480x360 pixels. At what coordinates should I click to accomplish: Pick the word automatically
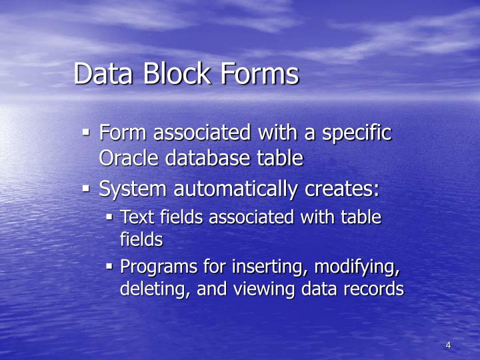tap(238, 189)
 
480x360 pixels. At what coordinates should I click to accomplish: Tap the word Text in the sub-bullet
tap(135, 217)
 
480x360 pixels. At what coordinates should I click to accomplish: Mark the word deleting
tap(147, 289)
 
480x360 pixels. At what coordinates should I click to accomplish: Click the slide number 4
tap(448, 345)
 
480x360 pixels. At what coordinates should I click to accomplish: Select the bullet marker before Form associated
tap(86, 132)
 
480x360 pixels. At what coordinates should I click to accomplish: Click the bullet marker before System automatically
tap(86, 189)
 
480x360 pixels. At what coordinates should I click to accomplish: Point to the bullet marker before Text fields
tap(110, 217)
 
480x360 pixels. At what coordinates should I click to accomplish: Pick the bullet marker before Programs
tap(110, 267)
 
